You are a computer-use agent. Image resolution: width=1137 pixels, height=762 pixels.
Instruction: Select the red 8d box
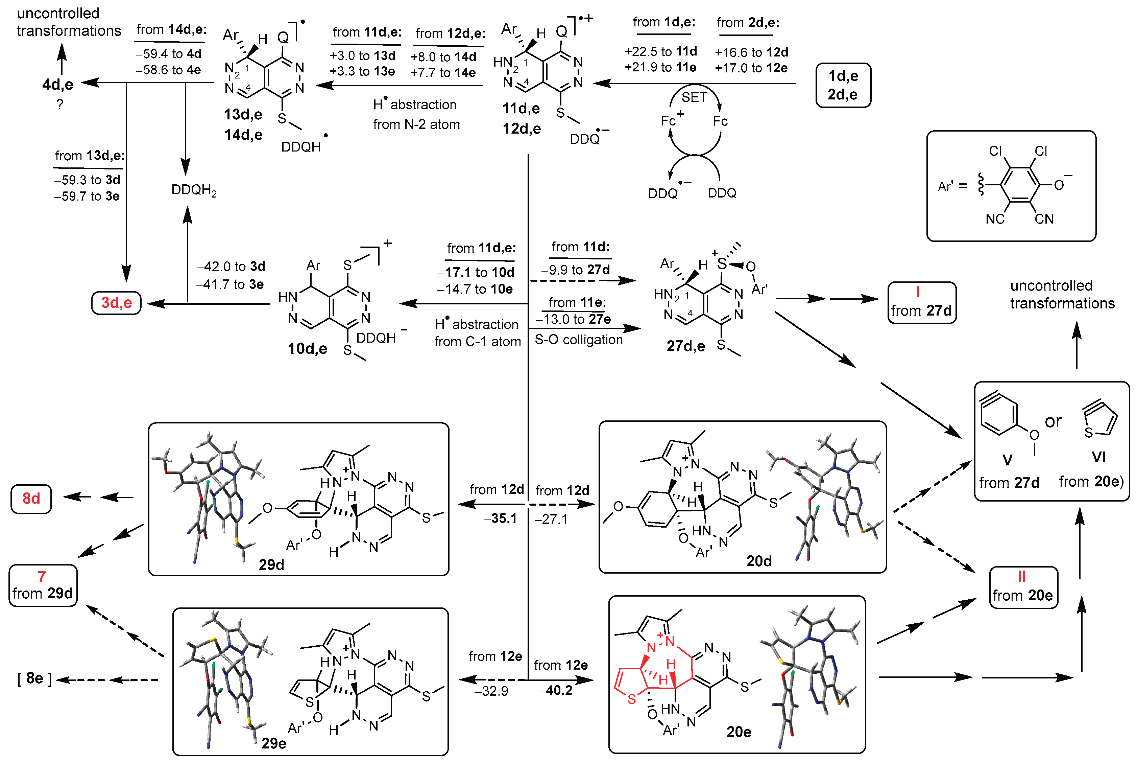[x=31, y=498]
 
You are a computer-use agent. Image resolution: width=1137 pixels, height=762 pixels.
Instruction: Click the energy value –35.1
[x=500, y=518]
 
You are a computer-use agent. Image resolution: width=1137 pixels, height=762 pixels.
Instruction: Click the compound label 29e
[x=273, y=743]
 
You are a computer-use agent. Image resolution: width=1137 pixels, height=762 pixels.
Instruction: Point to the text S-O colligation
[x=578, y=340]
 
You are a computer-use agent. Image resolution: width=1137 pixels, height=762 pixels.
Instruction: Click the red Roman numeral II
[x=1021, y=576]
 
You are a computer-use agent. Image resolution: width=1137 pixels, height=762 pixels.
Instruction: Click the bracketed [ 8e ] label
[x=34, y=678]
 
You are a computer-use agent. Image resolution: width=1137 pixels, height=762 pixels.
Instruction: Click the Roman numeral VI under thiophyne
[x=1098, y=457]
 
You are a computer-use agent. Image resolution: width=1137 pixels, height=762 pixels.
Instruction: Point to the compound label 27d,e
[x=685, y=346]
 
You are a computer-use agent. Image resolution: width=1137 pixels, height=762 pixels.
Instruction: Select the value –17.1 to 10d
[x=476, y=272]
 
